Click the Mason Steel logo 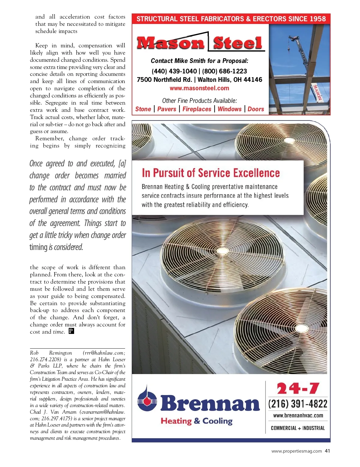pyautogui.click(x=200, y=43)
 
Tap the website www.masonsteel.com pyautogui.click(x=199, y=88)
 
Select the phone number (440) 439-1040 pyautogui.click(x=174, y=71)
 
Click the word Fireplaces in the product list pyautogui.click(x=197, y=109)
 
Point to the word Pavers pyautogui.click(x=166, y=109)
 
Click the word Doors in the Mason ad pyautogui.click(x=256, y=109)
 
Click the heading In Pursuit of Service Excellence pyautogui.click(x=211, y=173)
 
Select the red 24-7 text pyautogui.click(x=298, y=389)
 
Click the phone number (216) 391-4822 pyautogui.click(x=298, y=404)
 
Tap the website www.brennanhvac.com pyautogui.click(x=298, y=416)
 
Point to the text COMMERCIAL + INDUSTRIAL pyautogui.click(x=298, y=428)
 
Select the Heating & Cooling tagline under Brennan pyautogui.click(x=196, y=421)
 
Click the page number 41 pyautogui.click(x=327, y=451)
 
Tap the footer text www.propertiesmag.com pyautogui.click(x=296, y=451)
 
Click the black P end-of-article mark pyautogui.click(x=71, y=331)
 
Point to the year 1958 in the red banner pyautogui.click(x=317, y=19)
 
